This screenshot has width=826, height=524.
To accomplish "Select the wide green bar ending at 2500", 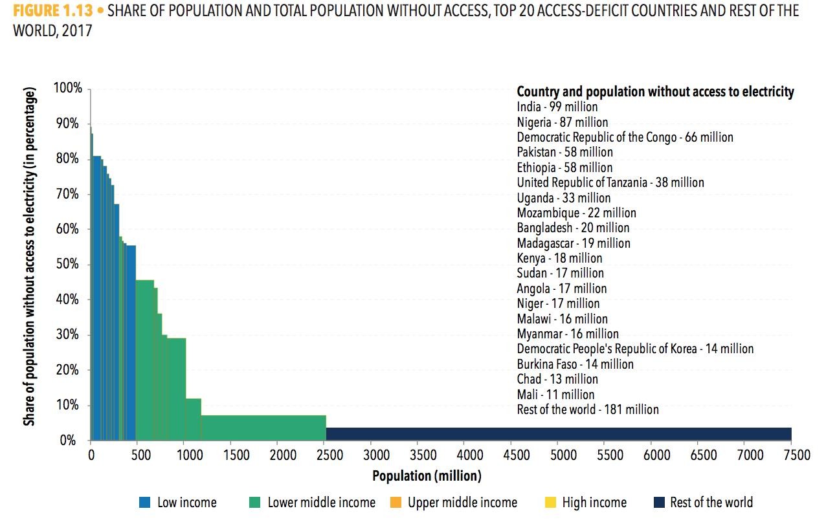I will point(263,428).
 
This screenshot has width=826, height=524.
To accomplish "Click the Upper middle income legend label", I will point(462,503).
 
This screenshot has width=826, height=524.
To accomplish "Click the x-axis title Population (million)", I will point(427,477).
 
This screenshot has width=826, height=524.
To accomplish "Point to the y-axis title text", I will point(30,256).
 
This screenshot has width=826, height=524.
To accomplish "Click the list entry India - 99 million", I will point(557,107).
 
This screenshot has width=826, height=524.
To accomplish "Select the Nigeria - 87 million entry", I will point(563,122).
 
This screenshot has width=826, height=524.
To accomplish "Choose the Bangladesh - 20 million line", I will point(573,228).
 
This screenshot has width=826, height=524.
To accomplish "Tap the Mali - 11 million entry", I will point(555,394).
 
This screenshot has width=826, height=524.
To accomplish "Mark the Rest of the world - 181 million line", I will point(588,409).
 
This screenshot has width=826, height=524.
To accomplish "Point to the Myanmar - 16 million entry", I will point(568,334).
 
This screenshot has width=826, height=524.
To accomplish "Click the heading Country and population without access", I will point(655,92).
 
